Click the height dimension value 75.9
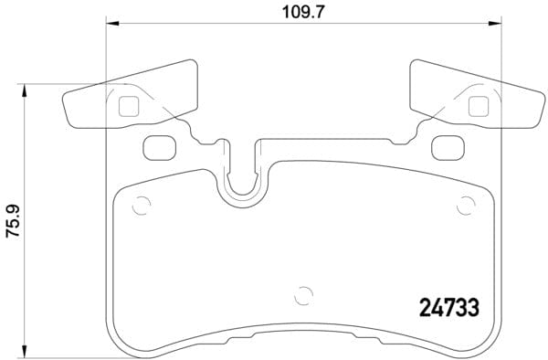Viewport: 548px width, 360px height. [13, 222]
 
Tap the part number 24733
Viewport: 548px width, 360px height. [448, 308]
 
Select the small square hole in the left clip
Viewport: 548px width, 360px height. [128, 106]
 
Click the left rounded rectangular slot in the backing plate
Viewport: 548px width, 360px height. [159, 145]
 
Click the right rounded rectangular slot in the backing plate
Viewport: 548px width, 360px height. [447, 145]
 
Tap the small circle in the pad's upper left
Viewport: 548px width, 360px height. [140, 206]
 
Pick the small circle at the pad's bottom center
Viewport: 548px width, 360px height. [304, 295]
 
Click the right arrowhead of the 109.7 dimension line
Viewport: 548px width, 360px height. [497, 23]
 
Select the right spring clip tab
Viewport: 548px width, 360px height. [475, 97]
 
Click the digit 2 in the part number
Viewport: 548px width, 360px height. [425, 308]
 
